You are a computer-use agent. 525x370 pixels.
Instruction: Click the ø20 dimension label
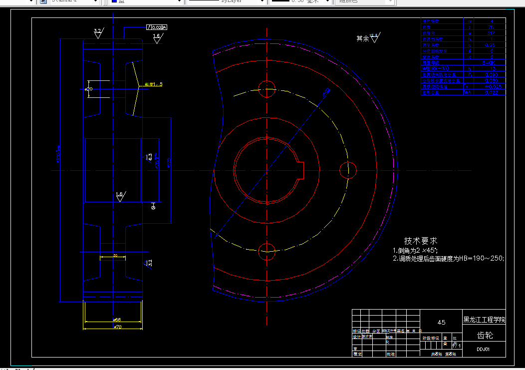point(88,89)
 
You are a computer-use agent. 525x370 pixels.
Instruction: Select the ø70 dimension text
point(118,327)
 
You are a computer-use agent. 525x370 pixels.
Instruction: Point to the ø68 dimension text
point(117,319)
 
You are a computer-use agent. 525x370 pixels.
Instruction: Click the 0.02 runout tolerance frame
point(157,27)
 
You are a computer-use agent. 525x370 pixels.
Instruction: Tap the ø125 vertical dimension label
point(169,162)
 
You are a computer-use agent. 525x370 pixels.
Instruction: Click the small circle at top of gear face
point(267,88)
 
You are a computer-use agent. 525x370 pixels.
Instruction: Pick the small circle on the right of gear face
point(348,170)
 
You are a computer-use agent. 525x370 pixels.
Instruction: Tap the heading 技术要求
point(420,241)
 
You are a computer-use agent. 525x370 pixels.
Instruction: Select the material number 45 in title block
point(441,322)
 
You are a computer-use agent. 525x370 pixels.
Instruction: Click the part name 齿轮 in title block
point(484,335)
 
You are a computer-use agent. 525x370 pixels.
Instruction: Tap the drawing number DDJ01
point(483,350)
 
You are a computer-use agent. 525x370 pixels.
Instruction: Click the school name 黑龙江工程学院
point(484,320)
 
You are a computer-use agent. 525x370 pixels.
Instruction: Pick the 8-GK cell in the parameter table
point(488,62)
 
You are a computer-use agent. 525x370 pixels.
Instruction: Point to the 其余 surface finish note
point(363,38)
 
